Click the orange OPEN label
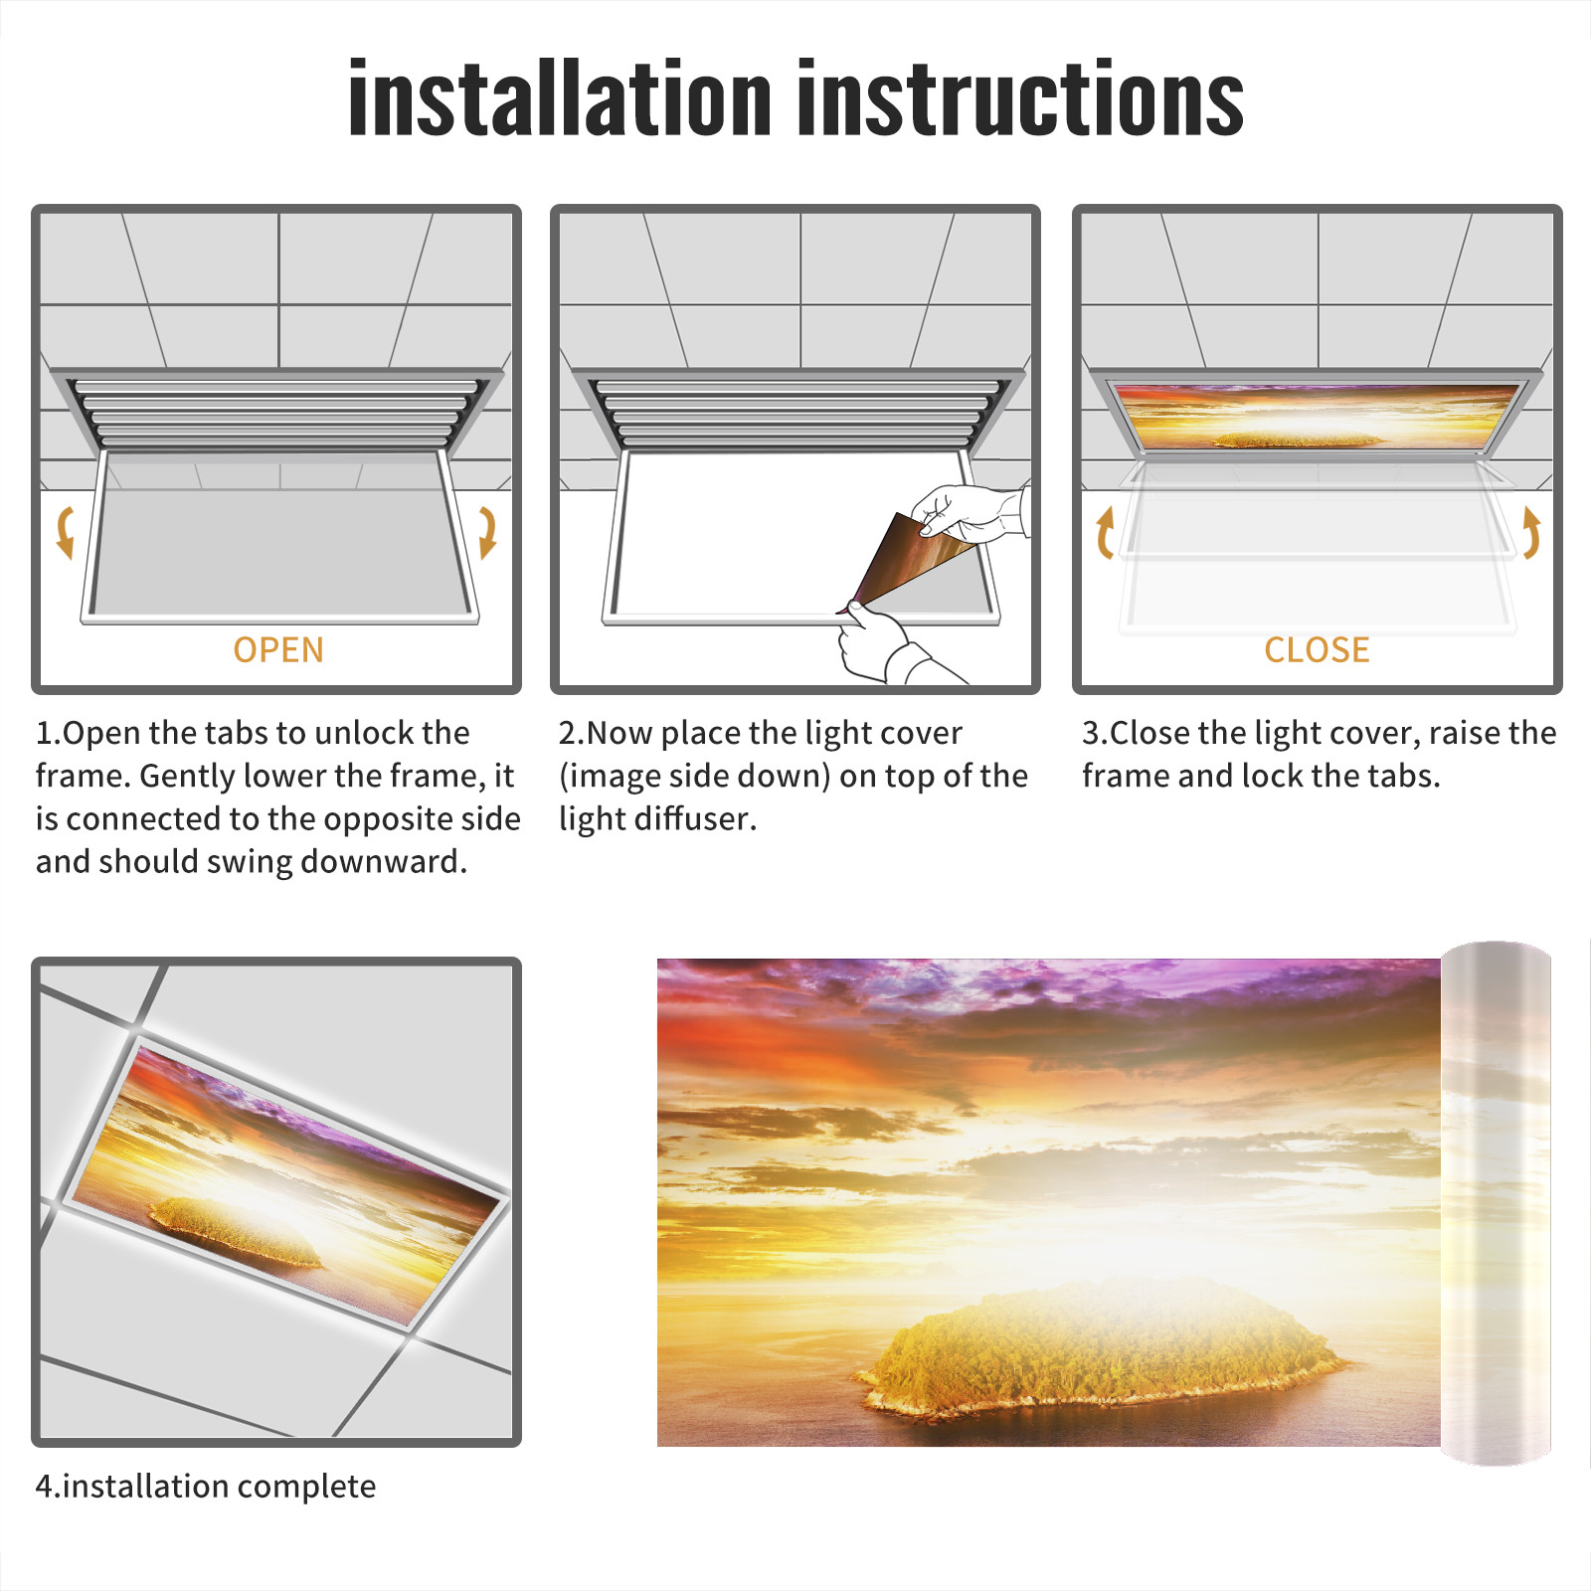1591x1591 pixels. point(278,650)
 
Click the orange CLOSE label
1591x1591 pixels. point(1317,650)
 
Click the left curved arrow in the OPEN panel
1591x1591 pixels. point(65,532)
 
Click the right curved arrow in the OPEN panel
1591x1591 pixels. point(487,532)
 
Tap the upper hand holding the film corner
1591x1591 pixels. point(970,512)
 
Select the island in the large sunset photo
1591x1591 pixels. point(1104,1347)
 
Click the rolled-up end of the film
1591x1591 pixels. point(1496,1203)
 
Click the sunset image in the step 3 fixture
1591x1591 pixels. point(1318,417)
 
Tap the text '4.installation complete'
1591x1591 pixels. point(206,1487)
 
